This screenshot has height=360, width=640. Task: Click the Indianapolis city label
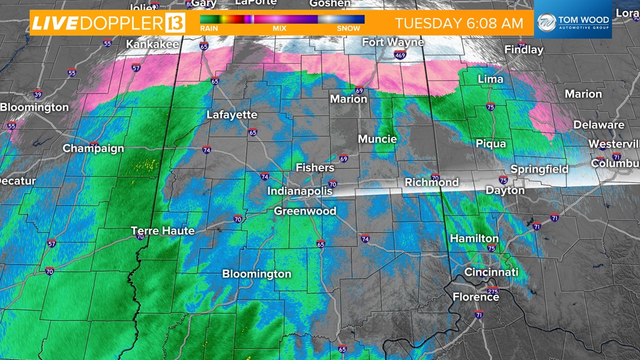(x=299, y=191)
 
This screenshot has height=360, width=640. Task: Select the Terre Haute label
(x=162, y=230)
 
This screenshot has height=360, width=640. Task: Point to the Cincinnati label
(x=491, y=272)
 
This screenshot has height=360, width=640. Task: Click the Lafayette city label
(x=232, y=115)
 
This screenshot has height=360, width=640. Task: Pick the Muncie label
(x=377, y=139)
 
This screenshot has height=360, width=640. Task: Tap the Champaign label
(x=93, y=148)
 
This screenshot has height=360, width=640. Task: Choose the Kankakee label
(x=152, y=43)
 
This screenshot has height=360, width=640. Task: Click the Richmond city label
(x=432, y=182)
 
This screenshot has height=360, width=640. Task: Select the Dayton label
(x=505, y=190)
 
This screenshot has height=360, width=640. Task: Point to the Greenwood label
(x=305, y=211)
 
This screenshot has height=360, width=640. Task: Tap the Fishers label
(x=315, y=167)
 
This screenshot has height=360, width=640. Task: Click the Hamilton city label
(x=474, y=239)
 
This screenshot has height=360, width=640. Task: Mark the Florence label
(x=476, y=297)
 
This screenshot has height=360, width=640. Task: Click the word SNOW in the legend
(x=349, y=28)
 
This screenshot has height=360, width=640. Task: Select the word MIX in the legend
(x=280, y=28)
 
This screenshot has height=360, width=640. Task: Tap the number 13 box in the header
(x=175, y=23)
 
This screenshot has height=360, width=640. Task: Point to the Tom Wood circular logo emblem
(x=546, y=23)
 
